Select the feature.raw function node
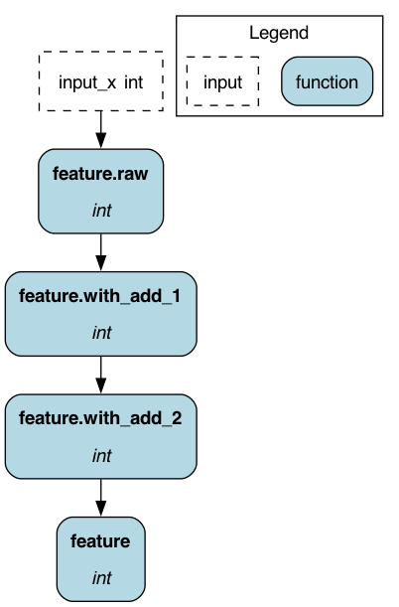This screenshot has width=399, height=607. coord(101,191)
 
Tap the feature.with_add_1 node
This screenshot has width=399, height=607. coord(101,314)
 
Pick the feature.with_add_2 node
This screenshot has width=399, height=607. coord(101,437)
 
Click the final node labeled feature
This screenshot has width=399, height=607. coord(101,559)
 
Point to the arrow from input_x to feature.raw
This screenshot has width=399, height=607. coord(101,130)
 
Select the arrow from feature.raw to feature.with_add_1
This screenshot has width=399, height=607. coord(101,252)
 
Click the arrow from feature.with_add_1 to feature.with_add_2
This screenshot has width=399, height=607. coord(101,376)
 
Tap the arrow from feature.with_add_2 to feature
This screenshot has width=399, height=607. coord(101,498)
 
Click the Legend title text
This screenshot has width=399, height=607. coord(279,33)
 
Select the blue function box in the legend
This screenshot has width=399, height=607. coord(328,81)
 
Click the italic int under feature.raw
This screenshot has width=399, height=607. coord(101,211)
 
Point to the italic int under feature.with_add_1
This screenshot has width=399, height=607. coord(101,333)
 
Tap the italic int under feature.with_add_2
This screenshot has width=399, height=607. coord(101,456)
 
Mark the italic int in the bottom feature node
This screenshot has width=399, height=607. coord(101,578)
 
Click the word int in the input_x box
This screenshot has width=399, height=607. coord(134,82)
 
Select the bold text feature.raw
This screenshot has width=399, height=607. coord(100,174)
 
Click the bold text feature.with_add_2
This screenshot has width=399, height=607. coord(100,419)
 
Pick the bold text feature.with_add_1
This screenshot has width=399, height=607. coord(99,296)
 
